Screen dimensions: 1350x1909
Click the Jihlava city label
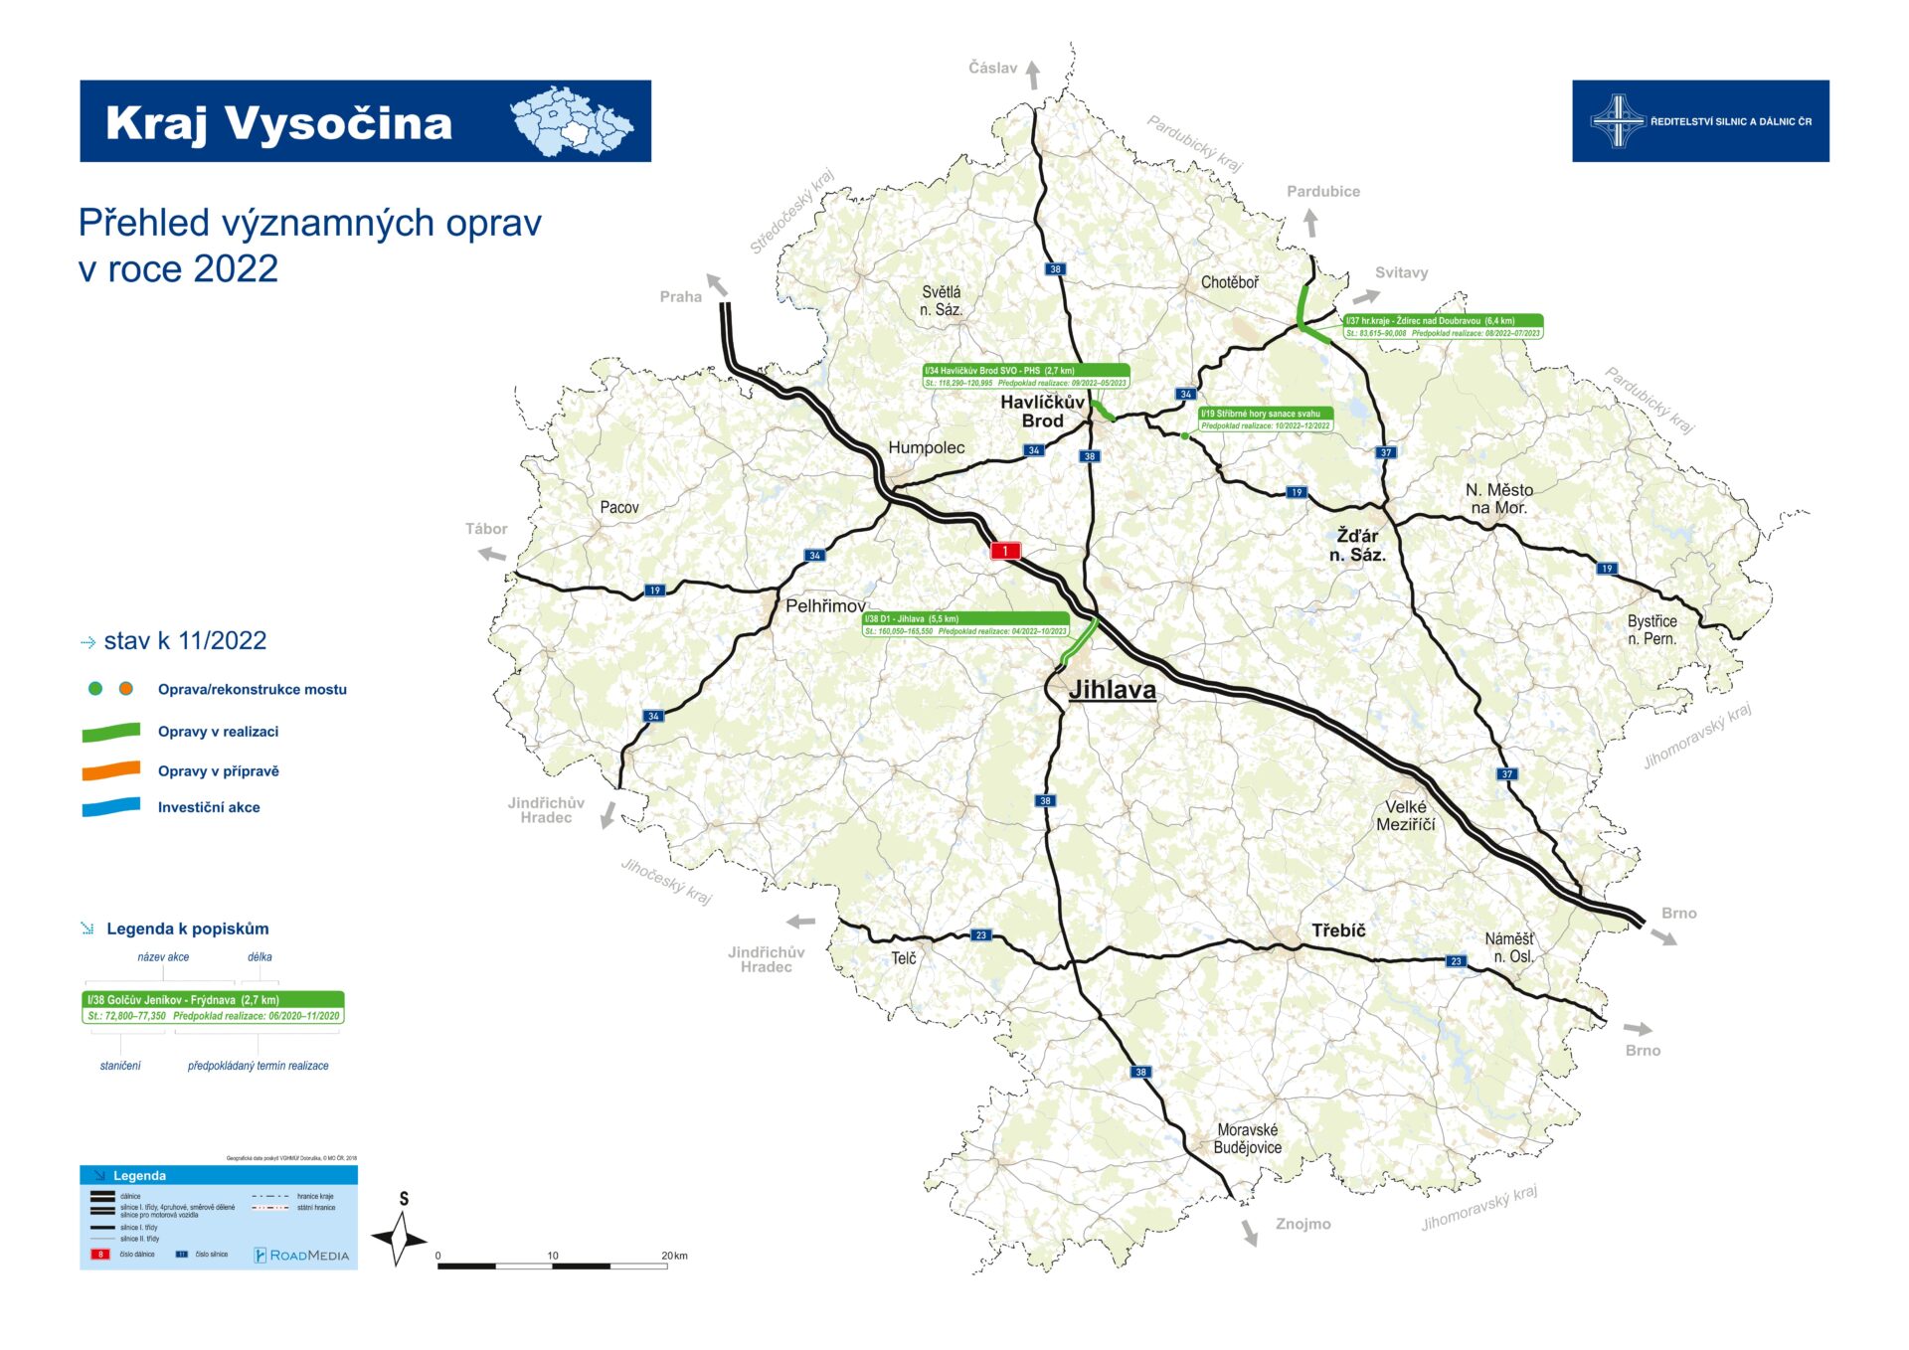(1112, 690)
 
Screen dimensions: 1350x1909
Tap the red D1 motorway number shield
(1005, 551)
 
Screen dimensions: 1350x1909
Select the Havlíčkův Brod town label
(1042, 411)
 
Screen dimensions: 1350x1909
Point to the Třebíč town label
(1338, 930)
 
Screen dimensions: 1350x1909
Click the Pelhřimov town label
(825, 605)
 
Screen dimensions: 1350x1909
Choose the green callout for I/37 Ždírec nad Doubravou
(1443, 327)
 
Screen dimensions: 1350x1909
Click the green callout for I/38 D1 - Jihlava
(965, 624)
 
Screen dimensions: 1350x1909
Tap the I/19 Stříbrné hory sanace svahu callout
(1265, 420)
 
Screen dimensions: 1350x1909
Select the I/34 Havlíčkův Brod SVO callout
(1026, 377)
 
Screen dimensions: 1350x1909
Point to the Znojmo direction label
(1302, 1224)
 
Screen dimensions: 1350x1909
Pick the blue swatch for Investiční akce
(110, 807)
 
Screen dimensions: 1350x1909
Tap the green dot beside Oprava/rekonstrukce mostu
(95, 689)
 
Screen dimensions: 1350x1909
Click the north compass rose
(400, 1239)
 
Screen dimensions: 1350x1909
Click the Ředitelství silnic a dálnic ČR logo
(1699, 121)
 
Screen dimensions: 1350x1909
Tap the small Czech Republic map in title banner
(571, 121)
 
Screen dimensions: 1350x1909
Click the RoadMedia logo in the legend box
(301, 1255)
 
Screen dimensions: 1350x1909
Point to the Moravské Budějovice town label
(1247, 1138)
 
